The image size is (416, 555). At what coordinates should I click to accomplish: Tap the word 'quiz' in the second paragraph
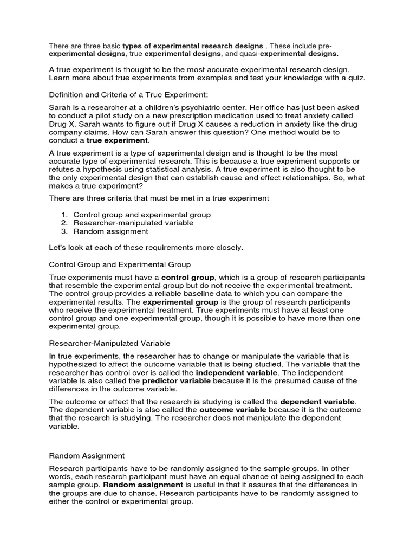click(356, 78)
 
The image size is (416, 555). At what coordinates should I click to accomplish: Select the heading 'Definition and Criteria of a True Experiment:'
click(128, 95)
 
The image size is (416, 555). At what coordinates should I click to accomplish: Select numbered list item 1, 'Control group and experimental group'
click(142, 215)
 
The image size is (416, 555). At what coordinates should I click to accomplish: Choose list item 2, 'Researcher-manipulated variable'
click(133, 223)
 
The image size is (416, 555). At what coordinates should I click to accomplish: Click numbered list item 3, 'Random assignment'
click(110, 231)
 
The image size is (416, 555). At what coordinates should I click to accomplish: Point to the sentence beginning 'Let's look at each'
click(146, 248)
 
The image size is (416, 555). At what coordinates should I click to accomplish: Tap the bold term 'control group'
click(188, 277)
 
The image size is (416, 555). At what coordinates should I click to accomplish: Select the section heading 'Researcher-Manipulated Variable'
click(110, 343)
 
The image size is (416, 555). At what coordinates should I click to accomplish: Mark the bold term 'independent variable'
click(236, 373)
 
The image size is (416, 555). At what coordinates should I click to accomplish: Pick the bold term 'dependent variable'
click(317, 402)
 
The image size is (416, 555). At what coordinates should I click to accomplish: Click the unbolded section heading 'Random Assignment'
click(87, 456)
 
